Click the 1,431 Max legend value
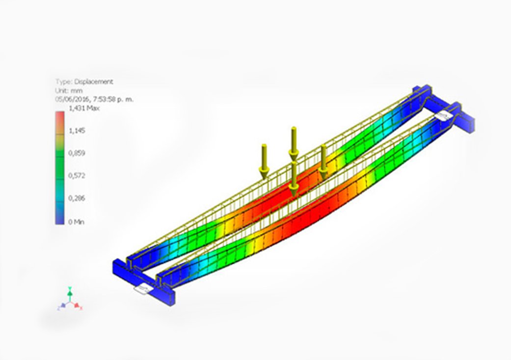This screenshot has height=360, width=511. [84, 108]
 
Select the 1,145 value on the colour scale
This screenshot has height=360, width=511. [77, 130]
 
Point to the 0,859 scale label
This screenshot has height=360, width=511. [77, 153]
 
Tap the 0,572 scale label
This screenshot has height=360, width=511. [77, 176]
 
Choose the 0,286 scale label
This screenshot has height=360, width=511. [77, 198]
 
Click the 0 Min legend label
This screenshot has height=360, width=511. [76, 222]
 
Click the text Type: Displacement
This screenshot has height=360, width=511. [84, 82]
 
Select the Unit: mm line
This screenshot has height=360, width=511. [69, 90]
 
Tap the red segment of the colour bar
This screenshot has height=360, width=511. [59, 119]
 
